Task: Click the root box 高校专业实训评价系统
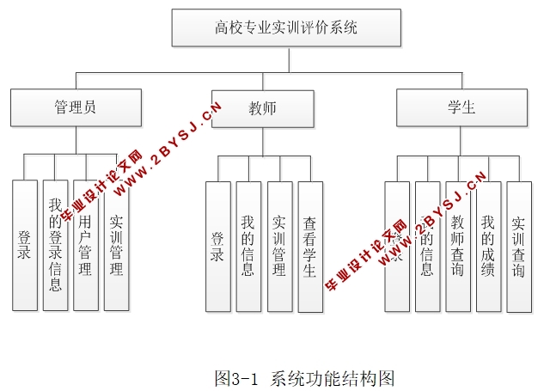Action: point(287,27)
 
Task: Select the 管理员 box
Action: point(75,107)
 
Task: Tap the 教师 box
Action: point(262,108)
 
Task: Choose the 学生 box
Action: point(461,107)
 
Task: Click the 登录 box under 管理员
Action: point(25,245)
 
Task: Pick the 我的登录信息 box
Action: point(56,245)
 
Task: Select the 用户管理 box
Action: point(86,245)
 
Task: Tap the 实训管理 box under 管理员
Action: point(117,245)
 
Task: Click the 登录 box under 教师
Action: point(218,246)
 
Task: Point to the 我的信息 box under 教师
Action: point(248,246)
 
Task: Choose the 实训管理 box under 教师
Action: point(279,246)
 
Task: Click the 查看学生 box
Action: point(310,246)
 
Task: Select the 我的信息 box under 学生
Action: point(427,246)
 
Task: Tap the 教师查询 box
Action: point(458,246)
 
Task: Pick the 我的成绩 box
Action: point(488,246)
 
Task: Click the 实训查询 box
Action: point(519,246)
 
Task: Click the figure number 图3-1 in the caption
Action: point(236,377)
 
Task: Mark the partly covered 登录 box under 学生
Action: point(397,246)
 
